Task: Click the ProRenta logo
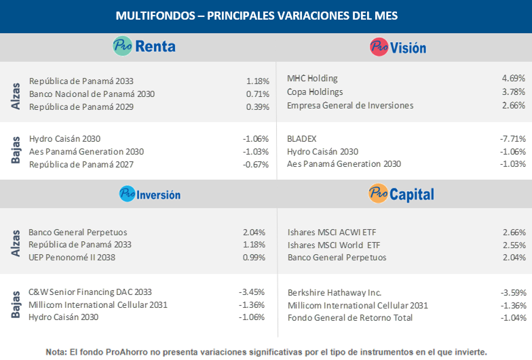[144, 46]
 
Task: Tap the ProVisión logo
[398, 47]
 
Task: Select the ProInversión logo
[149, 194]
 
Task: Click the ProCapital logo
[401, 194]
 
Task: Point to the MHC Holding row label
[312, 79]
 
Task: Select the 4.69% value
[512, 79]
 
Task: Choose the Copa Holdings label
[315, 92]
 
